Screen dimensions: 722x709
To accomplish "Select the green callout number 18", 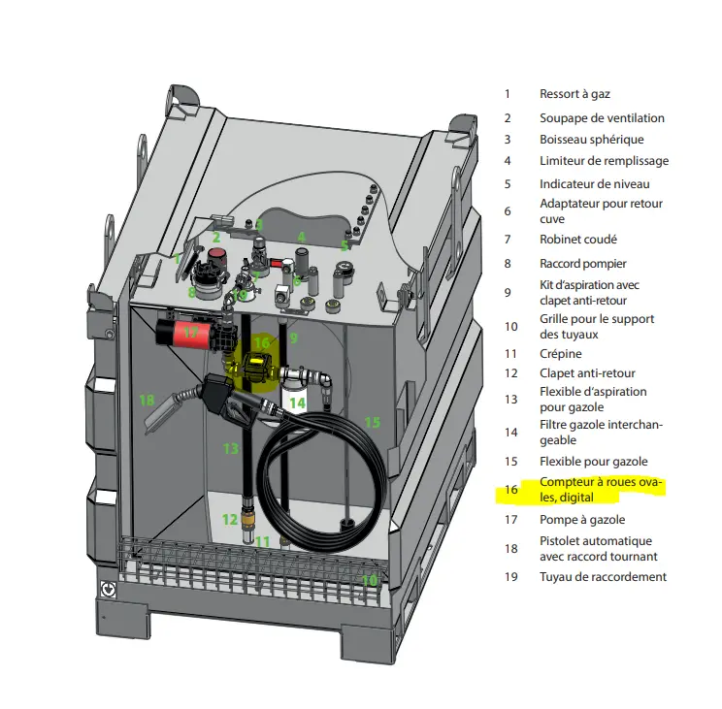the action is coord(147,400).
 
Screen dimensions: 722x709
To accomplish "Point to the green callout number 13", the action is coord(231,448).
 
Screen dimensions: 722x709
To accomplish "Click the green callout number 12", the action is coord(230,520).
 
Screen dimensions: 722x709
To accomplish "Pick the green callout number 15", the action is coord(372,422).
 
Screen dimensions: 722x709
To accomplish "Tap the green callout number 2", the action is coord(216,238).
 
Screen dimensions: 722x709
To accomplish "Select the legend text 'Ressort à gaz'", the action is coord(574,94).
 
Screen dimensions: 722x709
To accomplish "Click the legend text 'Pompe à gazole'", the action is coord(582,520).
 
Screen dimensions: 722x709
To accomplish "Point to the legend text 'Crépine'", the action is coord(560,354).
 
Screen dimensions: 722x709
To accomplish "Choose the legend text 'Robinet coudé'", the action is coord(577,240).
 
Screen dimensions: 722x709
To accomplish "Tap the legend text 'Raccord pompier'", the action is coord(583,264).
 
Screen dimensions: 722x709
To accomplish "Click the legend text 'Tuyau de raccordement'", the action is coord(603,577).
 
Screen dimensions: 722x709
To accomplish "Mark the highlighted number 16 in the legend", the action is coord(511,490).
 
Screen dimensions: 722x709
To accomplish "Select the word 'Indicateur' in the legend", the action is coord(567,184).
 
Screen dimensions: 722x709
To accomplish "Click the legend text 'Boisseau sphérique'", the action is coord(592,140).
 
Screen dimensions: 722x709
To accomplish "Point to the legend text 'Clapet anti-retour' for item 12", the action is coord(587,373).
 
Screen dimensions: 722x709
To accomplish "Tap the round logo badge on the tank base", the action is coord(109,589).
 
